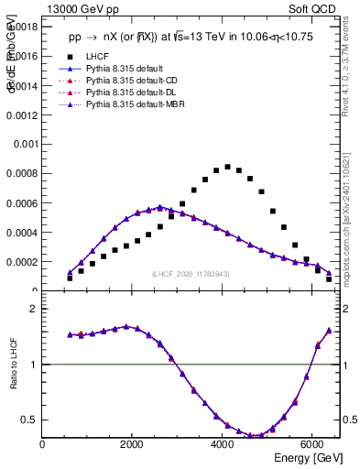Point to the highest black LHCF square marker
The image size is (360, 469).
(x=227, y=167)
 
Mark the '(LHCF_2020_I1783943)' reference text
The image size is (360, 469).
(x=191, y=275)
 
